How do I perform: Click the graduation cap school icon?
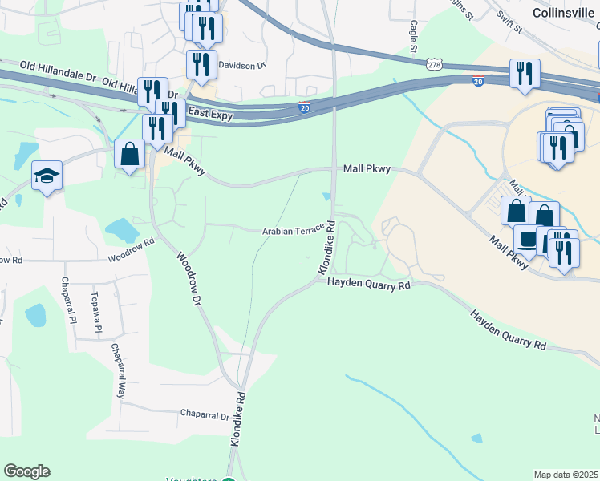47,175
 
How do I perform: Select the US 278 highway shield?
434,64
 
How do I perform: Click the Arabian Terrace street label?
292,231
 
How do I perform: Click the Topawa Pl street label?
95,313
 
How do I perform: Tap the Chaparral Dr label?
204,417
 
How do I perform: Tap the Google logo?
26,471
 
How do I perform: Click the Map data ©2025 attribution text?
566,475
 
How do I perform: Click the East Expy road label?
210,115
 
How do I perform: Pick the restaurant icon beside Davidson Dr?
201,63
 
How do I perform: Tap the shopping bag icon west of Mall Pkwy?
129,153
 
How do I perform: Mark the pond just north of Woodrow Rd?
122,231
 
